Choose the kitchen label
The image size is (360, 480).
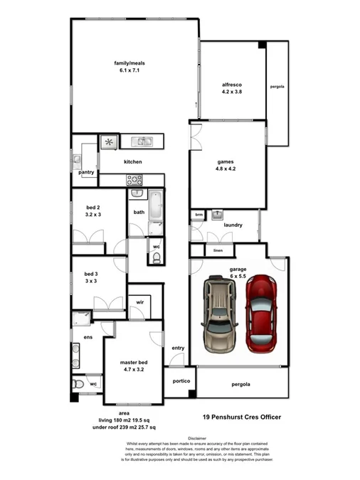click(133, 162)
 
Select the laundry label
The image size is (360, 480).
click(233, 225)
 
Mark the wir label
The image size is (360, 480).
click(140, 302)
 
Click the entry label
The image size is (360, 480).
click(178, 348)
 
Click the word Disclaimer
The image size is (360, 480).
click(198, 439)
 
